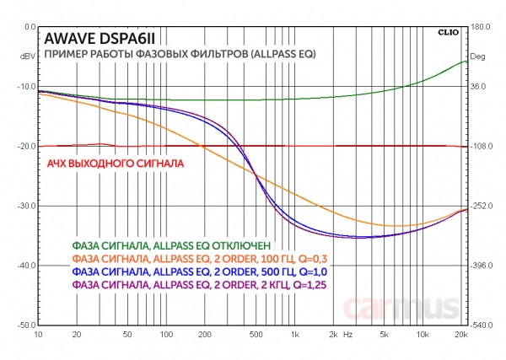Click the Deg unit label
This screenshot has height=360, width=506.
[478, 57]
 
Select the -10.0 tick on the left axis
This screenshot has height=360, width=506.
[22, 87]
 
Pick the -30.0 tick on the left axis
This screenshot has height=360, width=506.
[22, 206]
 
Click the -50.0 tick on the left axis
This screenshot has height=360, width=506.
[22, 325]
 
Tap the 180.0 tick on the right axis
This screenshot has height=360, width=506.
[481, 27]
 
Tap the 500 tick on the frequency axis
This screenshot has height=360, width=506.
[254, 335]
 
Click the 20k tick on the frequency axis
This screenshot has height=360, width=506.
[460, 335]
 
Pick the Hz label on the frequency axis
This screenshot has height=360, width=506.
[348, 335]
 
